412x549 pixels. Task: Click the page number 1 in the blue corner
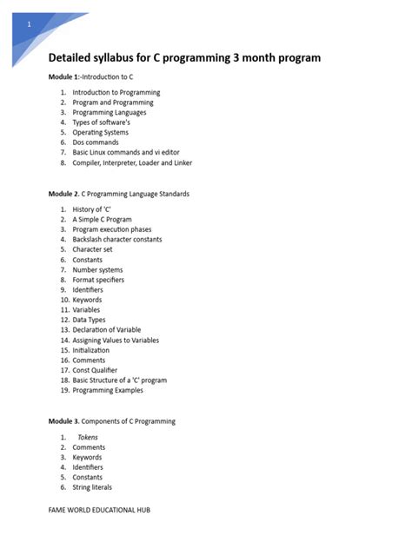click(29, 25)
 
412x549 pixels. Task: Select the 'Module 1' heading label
click(64, 77)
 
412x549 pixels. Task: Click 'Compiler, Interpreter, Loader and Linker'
click(132, 162)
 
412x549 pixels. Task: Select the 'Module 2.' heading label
click(64, 194)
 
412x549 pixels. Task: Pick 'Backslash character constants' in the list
click(116, 240)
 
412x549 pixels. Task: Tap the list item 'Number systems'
click(97, 269)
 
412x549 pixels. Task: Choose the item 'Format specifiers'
click(98, 280)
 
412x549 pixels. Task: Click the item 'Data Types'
click(90, 320)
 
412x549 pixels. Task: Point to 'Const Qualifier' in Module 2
click(95, 370)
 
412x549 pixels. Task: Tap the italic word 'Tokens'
click(88, 438)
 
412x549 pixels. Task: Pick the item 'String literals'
click(92, 487)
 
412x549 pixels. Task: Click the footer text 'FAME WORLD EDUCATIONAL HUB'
click(99, 510)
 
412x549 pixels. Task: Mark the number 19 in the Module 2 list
click(64, 390)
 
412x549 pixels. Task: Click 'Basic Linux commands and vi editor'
click(125, 153)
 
